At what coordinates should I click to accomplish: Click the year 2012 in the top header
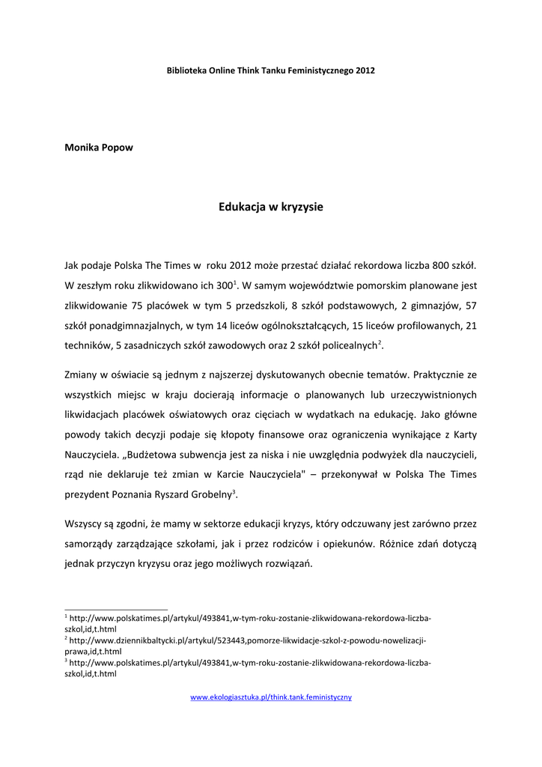coord(365,70)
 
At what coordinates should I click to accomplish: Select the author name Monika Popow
coord(100,147)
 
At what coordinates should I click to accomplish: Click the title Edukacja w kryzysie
coord(271,207)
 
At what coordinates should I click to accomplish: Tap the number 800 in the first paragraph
coord(442,266)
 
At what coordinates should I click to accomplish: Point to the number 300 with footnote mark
coord(224,285)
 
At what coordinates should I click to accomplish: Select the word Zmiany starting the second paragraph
coord(82,375)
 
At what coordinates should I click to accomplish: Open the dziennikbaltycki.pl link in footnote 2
coord(247,641)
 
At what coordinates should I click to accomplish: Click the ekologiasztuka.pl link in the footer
coord(271,697)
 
